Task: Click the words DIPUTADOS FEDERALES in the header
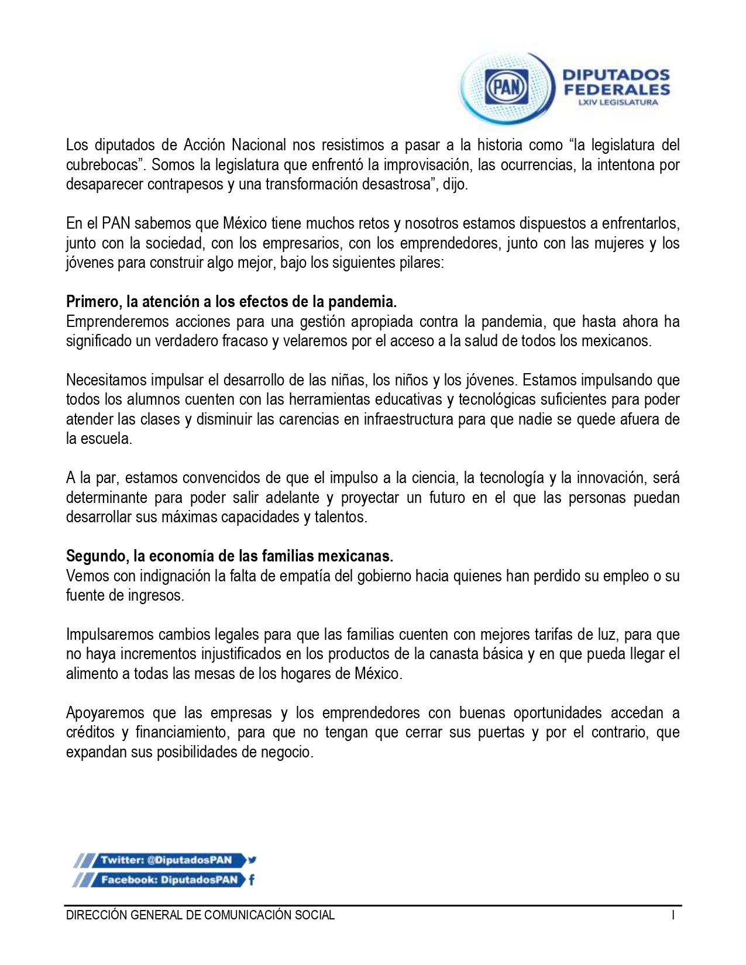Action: (x=616, y=82)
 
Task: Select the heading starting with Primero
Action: (x=231, y=302)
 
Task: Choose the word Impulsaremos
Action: (x=110, y=635)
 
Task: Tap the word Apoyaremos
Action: (x=105, y=713)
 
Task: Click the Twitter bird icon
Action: (x=252, y=860)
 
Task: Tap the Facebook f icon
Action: (x=252, y=880)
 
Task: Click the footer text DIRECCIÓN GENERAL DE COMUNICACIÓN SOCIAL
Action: (x=200, y=916)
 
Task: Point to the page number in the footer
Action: (x=673, y=916)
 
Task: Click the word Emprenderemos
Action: (x=117, y=322)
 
